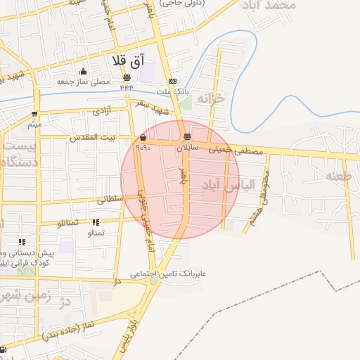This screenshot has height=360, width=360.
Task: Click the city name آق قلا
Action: coord(127,60)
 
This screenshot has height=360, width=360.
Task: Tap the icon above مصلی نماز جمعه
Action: coord(84,71)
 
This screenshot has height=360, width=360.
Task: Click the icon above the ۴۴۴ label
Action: coord(127,78)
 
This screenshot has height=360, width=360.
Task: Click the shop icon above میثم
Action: coord(34,115)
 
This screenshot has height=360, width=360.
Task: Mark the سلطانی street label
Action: coord(110,200)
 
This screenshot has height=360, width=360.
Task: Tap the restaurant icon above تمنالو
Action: coord(96,223)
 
